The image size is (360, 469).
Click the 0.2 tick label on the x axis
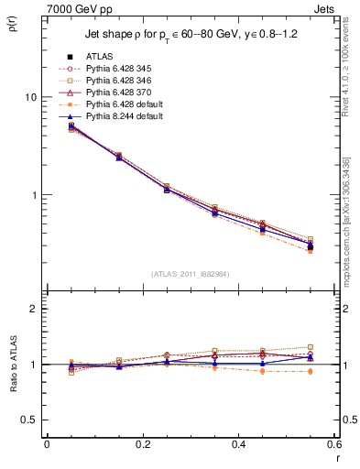click(142, 444)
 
